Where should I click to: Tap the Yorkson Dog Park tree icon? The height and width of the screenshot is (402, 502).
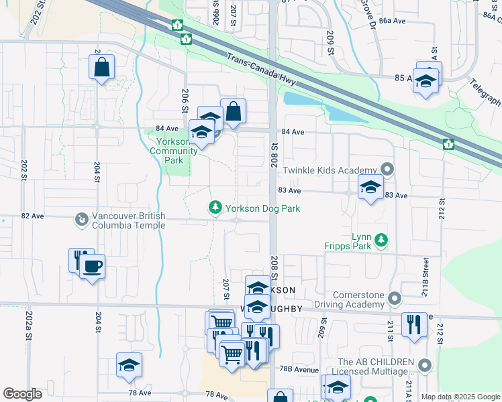coord(215,208)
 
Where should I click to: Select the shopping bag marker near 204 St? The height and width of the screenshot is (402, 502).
coord(101,67)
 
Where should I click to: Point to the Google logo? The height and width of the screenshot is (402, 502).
coord(22,394)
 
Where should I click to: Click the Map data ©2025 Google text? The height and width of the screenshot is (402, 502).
coord(460,397)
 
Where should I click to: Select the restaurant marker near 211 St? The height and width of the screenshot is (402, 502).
coord(414,325)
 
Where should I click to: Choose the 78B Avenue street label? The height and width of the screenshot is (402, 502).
coord(299,369)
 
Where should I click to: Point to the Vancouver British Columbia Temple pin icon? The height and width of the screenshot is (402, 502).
coord(82,219)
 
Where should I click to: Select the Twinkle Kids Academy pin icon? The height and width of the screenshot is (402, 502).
coord(386,168)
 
